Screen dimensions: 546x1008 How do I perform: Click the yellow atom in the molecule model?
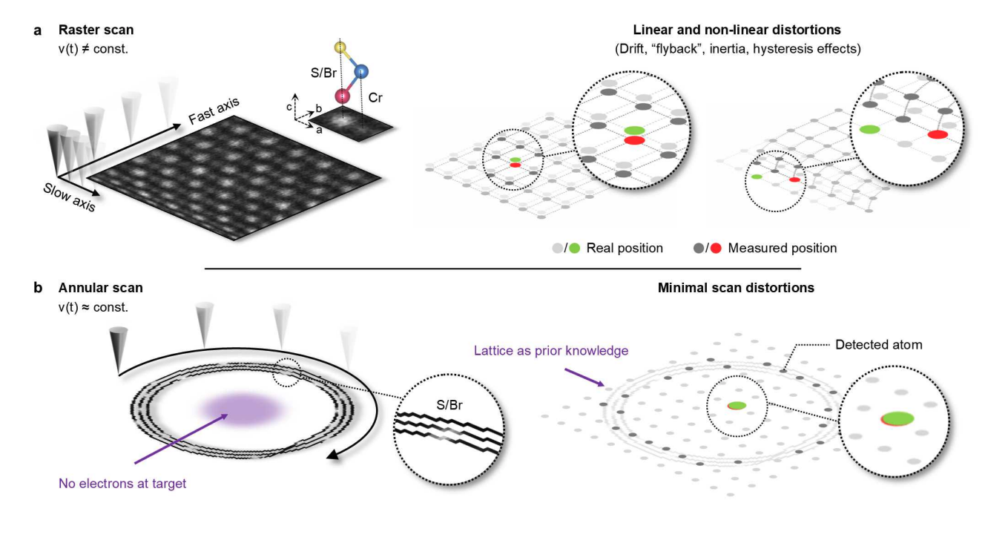340,48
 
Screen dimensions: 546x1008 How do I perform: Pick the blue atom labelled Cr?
360,72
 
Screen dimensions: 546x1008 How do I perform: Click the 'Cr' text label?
375,96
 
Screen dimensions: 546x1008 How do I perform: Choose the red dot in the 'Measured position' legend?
716,248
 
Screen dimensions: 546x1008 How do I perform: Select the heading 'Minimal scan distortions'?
736,287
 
